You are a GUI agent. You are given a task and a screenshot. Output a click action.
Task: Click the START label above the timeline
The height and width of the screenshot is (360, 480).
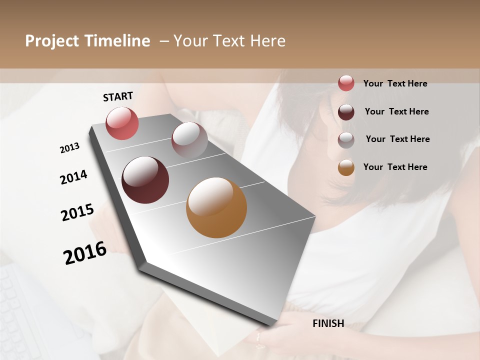[118, 96]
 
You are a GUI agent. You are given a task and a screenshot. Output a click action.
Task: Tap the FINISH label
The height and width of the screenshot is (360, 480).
[328, 323]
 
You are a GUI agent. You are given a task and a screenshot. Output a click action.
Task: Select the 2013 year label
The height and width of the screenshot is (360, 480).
[70, 148]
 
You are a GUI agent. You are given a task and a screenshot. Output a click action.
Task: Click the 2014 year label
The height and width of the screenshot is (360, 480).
[73, 177]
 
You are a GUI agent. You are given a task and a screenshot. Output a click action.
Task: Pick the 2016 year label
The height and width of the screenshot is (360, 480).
[85, 253]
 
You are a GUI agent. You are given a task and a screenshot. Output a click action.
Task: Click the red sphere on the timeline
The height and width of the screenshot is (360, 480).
[122, 123]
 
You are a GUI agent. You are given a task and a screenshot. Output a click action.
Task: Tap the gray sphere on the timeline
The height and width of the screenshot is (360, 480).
[189, 140]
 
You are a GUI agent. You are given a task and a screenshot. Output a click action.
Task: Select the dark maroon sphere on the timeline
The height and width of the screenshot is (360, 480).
[145, 180]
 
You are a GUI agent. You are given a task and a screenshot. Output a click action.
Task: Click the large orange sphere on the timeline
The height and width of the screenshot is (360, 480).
[216, 207]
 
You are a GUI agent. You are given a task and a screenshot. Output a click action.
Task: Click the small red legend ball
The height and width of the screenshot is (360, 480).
[346, 83]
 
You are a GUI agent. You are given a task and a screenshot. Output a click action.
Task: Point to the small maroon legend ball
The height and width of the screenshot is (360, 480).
[346, 111]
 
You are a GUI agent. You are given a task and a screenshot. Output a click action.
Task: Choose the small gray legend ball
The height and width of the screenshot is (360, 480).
[346, 139]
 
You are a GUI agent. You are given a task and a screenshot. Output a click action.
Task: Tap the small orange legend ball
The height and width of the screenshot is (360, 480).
[346, 167]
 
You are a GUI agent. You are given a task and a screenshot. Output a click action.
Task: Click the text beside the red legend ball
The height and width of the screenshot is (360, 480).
[395, 83]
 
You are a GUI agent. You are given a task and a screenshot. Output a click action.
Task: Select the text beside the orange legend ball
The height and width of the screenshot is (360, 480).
[395, 167]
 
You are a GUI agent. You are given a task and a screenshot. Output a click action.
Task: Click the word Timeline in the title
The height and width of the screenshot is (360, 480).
[118, 41]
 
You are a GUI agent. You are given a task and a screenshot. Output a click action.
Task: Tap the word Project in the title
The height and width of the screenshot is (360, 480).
[52, 41]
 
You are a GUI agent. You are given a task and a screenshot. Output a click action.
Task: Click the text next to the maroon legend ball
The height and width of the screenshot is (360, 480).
[396, 111]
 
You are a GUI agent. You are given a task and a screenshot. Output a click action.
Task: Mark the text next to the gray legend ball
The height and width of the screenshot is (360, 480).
[397, 139]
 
